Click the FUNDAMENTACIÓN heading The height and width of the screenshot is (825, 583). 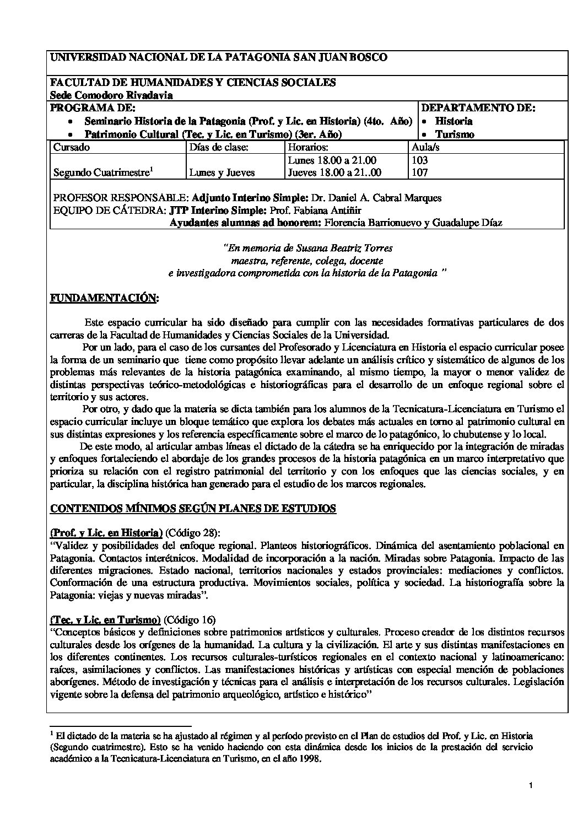tap(104, 298)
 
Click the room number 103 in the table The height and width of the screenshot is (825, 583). tap(420, 160)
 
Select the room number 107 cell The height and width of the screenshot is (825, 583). tap(420, 172)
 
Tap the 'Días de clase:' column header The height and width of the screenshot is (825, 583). tap(218, 147)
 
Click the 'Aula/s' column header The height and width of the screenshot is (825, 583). tap(425, 147)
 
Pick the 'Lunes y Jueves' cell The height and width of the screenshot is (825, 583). tap(222, 172)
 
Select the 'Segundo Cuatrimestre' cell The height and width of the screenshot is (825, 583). tap(102, 172)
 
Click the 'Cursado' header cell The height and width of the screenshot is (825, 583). tap(71, 147)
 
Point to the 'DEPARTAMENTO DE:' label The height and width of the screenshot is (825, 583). tap(478, 108)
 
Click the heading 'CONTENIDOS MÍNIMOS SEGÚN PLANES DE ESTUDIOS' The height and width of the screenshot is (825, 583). tap(193, 508)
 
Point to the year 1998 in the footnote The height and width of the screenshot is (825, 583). tap(309, 758)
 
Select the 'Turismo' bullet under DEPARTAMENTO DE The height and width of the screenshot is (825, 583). tap(455, 134)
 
